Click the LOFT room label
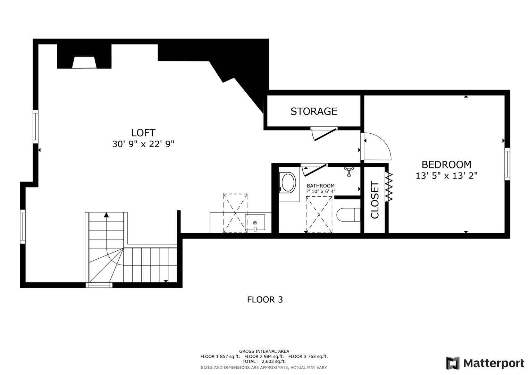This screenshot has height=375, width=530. click(x=143, y=133)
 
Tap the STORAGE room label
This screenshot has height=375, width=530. click(x=313, y=111)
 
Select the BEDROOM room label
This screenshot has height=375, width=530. click(x=446, y=164)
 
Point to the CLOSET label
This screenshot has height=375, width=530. click(x=375, y=200)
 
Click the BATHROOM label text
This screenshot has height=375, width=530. click(x=320, y=186)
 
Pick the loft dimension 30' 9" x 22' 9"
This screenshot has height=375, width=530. click(x=143, y=144)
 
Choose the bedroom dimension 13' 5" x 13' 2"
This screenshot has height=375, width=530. click(x=446, y=176)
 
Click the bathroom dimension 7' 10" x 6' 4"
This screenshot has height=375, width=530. click(x=320, y=191)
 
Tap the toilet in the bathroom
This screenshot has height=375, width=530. click(x=348, y=215)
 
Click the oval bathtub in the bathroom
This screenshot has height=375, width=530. click(x=288, y=183)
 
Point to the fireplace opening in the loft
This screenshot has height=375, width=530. click(x=84, y=62)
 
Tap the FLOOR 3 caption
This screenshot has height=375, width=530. click(x=265, y=299)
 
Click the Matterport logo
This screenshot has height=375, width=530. click(x=485, y=363)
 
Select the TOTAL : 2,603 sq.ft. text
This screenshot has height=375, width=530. click(x=264, y=361)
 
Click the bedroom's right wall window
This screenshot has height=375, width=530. click(x=507, y=164)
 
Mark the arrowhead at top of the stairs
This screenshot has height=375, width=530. click(x=106, y=215)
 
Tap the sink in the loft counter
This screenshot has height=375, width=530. click(x=255, y=223)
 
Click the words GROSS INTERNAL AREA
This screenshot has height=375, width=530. click(x=264, y=351)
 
